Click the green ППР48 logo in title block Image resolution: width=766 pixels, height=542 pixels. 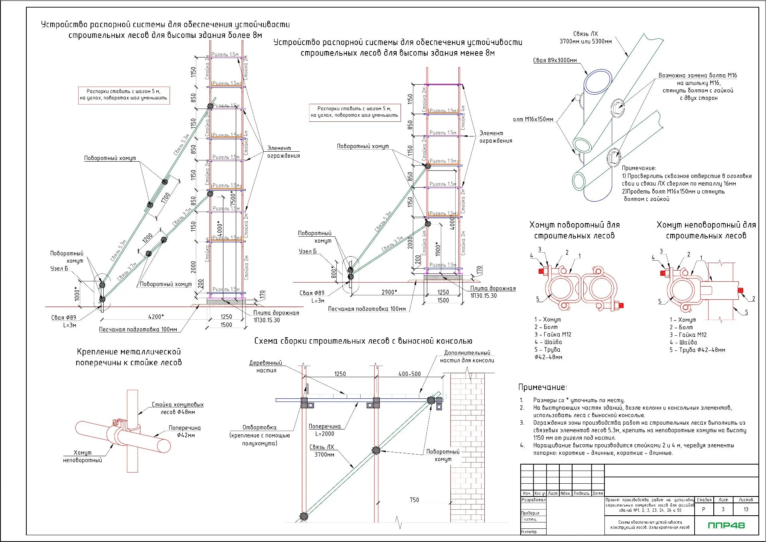(x=726, y=525)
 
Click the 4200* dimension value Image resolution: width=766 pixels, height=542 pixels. (x=156, y=316)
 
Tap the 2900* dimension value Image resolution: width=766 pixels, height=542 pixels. (x=389, y=292)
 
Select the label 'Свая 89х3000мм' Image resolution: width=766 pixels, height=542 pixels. (x=555, y=60)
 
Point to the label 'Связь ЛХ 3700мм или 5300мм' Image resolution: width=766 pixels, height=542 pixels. (x=585, y=38)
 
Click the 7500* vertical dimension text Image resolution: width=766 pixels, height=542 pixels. (x=233, y=198)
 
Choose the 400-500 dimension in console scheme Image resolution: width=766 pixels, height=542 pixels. (x=409, y=374)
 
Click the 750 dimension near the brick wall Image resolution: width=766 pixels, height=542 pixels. (x=414, y=500)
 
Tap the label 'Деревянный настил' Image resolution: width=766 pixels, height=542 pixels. (x=266, y=366)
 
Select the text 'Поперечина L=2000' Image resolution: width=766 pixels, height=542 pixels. (x=325, y=430)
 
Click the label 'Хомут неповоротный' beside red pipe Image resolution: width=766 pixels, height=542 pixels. (x=83, y=456)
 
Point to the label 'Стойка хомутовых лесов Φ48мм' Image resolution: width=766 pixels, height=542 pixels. (x=178, y=408)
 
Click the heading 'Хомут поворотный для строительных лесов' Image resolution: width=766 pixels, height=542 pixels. (x=574, y=230)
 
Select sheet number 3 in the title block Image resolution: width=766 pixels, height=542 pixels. (x=723, y=509)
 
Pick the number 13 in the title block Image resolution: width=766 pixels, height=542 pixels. (x=746, y=509)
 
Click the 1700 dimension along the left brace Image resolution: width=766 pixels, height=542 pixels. (x=166, y=198)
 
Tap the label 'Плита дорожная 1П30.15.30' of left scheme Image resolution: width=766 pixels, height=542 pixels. (x=276, y=316)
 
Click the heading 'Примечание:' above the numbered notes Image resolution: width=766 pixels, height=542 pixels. (x=542, y=387)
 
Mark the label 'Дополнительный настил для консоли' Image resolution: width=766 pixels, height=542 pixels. (x=467, y=356)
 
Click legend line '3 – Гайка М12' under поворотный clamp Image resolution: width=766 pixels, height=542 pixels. (x=553, y=334)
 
